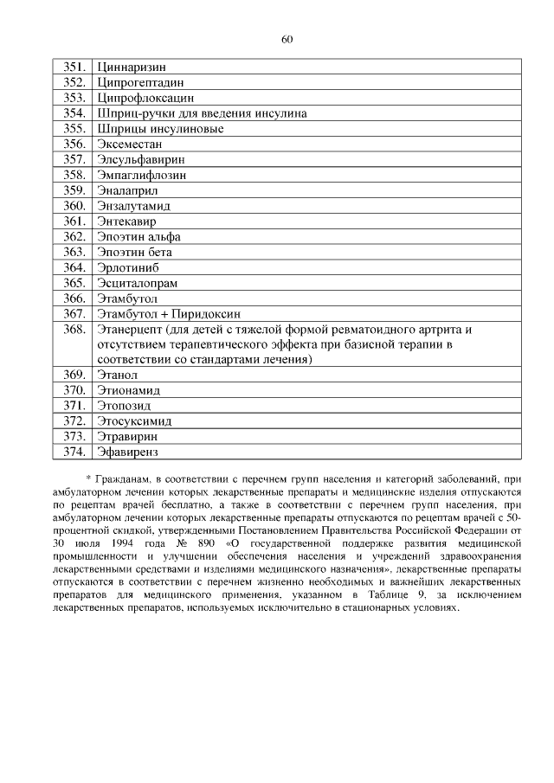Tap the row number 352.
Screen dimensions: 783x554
(x=75, y=81)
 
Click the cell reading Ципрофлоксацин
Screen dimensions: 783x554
(x=145, y=97)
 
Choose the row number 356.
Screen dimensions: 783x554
(x=75, y=144)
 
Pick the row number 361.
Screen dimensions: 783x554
(x=75, y=221)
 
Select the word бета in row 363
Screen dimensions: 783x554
(x=159, y=252)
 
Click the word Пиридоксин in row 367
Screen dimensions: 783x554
(x=208, y=314)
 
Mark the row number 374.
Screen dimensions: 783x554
(x=75, y=452)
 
